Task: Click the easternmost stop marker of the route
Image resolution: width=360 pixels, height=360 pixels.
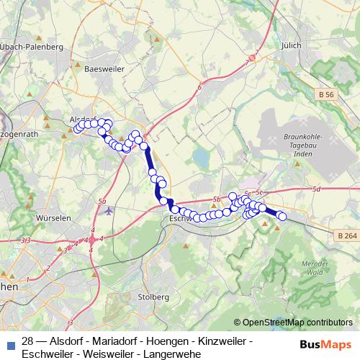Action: (282, 216)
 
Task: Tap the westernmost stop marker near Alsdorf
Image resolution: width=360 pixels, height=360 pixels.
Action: (77, 129)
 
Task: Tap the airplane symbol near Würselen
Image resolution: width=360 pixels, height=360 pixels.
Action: (109, 212)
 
